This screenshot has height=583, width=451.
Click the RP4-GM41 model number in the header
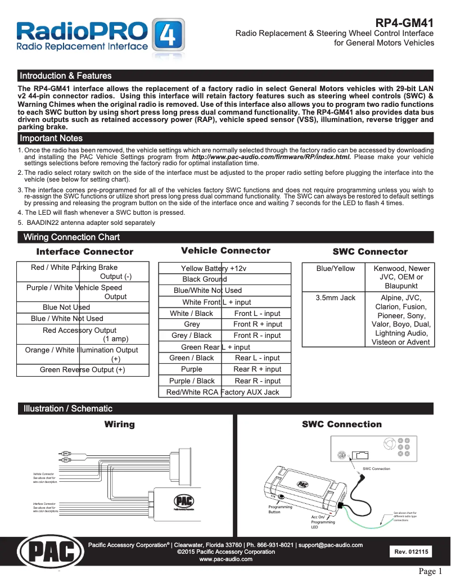[404, 23]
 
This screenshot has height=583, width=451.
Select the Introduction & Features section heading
[66, 76]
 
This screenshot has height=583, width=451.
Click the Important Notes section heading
[51, 138]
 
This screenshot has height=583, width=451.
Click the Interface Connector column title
[84, 252]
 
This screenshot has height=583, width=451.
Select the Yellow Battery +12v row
[224, 268]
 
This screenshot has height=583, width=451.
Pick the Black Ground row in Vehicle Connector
[224, 279]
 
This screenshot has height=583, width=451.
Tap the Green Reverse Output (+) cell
[83, 370]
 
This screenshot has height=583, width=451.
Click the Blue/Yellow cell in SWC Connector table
[335, 269]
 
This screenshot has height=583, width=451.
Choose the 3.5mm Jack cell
[335, 297]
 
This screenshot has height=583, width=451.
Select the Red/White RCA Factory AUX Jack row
[224, 392]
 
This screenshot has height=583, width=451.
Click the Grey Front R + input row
[224, 324]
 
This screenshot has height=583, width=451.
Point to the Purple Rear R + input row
[224, 369]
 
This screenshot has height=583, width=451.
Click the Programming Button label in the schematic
[280, 509]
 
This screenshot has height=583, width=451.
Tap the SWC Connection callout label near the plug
[376, 468]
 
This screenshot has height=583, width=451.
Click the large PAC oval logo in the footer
[51, 552]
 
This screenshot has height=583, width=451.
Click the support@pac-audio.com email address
[330, 545]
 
